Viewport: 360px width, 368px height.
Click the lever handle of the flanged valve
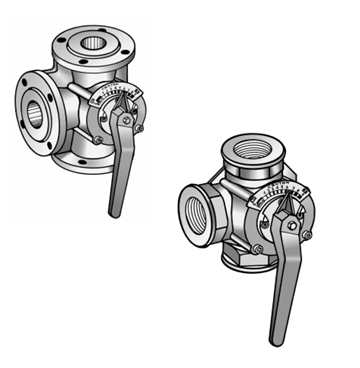coord(117,175)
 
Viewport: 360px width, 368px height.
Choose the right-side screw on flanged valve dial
coord(140,127)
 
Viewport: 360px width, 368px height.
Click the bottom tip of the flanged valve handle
coord(113,212)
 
